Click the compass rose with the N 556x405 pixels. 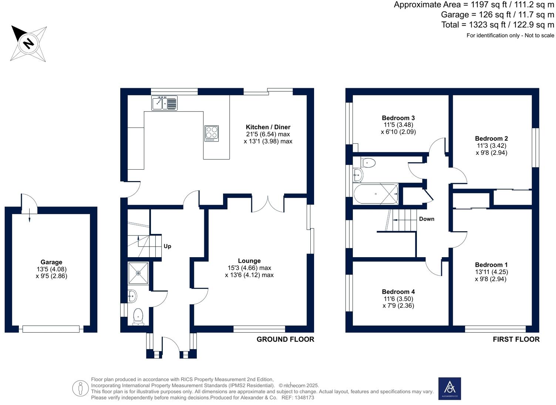[x=28, y=43]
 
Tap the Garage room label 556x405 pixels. [x=51, y=262]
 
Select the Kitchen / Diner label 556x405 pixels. [x=268, y=127]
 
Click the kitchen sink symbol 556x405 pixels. [x=164, y=103]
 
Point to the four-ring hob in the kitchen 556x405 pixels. [x=212, y=133]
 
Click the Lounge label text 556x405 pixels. [x=249, y=261]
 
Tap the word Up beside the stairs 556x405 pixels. [x=167, y=246]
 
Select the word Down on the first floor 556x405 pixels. [x=427, y=219]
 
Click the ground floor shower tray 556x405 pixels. [x=138, y=273]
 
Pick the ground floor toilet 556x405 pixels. [x=138, y=316]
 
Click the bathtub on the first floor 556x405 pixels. [x=376, y=194]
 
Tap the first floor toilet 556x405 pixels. [x=368, y=162]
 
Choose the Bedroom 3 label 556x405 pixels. [x=398, y=118]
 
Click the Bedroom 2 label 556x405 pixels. [x=491, y=139]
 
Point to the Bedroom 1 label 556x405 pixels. [x=491, y=265]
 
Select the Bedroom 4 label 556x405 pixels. [x=398, y=292]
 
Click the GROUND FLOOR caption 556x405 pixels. [x=285, y=339]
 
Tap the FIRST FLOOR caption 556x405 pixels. [x=516, y=339]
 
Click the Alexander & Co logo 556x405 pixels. [x=449, y=388]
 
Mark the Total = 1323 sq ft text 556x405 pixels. [x=498, y=25]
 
